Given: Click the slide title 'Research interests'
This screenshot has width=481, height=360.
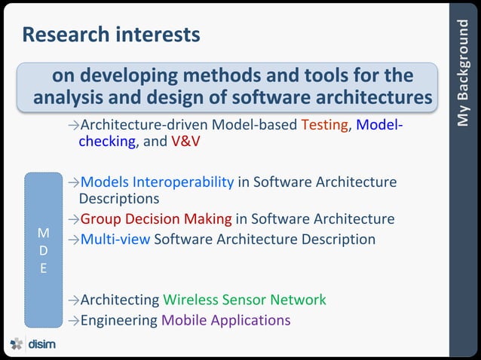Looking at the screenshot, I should (111, 35).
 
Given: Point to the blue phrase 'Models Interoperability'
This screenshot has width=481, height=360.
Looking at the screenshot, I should (157, 182).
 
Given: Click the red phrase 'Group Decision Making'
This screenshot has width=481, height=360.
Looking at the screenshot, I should (156, 219).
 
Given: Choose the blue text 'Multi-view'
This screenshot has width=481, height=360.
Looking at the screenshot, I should (115, 239).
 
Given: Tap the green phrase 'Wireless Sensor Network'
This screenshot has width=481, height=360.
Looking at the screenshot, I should (244, 300).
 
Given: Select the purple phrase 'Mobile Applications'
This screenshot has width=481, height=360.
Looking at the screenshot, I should (225, 319).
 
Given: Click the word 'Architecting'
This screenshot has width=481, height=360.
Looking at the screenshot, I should (120, 300).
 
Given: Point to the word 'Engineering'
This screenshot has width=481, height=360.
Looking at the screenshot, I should (119, 319).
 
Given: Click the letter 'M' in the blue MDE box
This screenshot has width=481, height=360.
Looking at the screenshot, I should (44, 233).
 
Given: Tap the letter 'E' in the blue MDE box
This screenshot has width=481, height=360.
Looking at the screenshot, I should (44, 267).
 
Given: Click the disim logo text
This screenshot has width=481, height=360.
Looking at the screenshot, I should (42, 344).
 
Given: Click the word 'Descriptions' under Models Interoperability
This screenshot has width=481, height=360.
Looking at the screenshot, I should (119, 199).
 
